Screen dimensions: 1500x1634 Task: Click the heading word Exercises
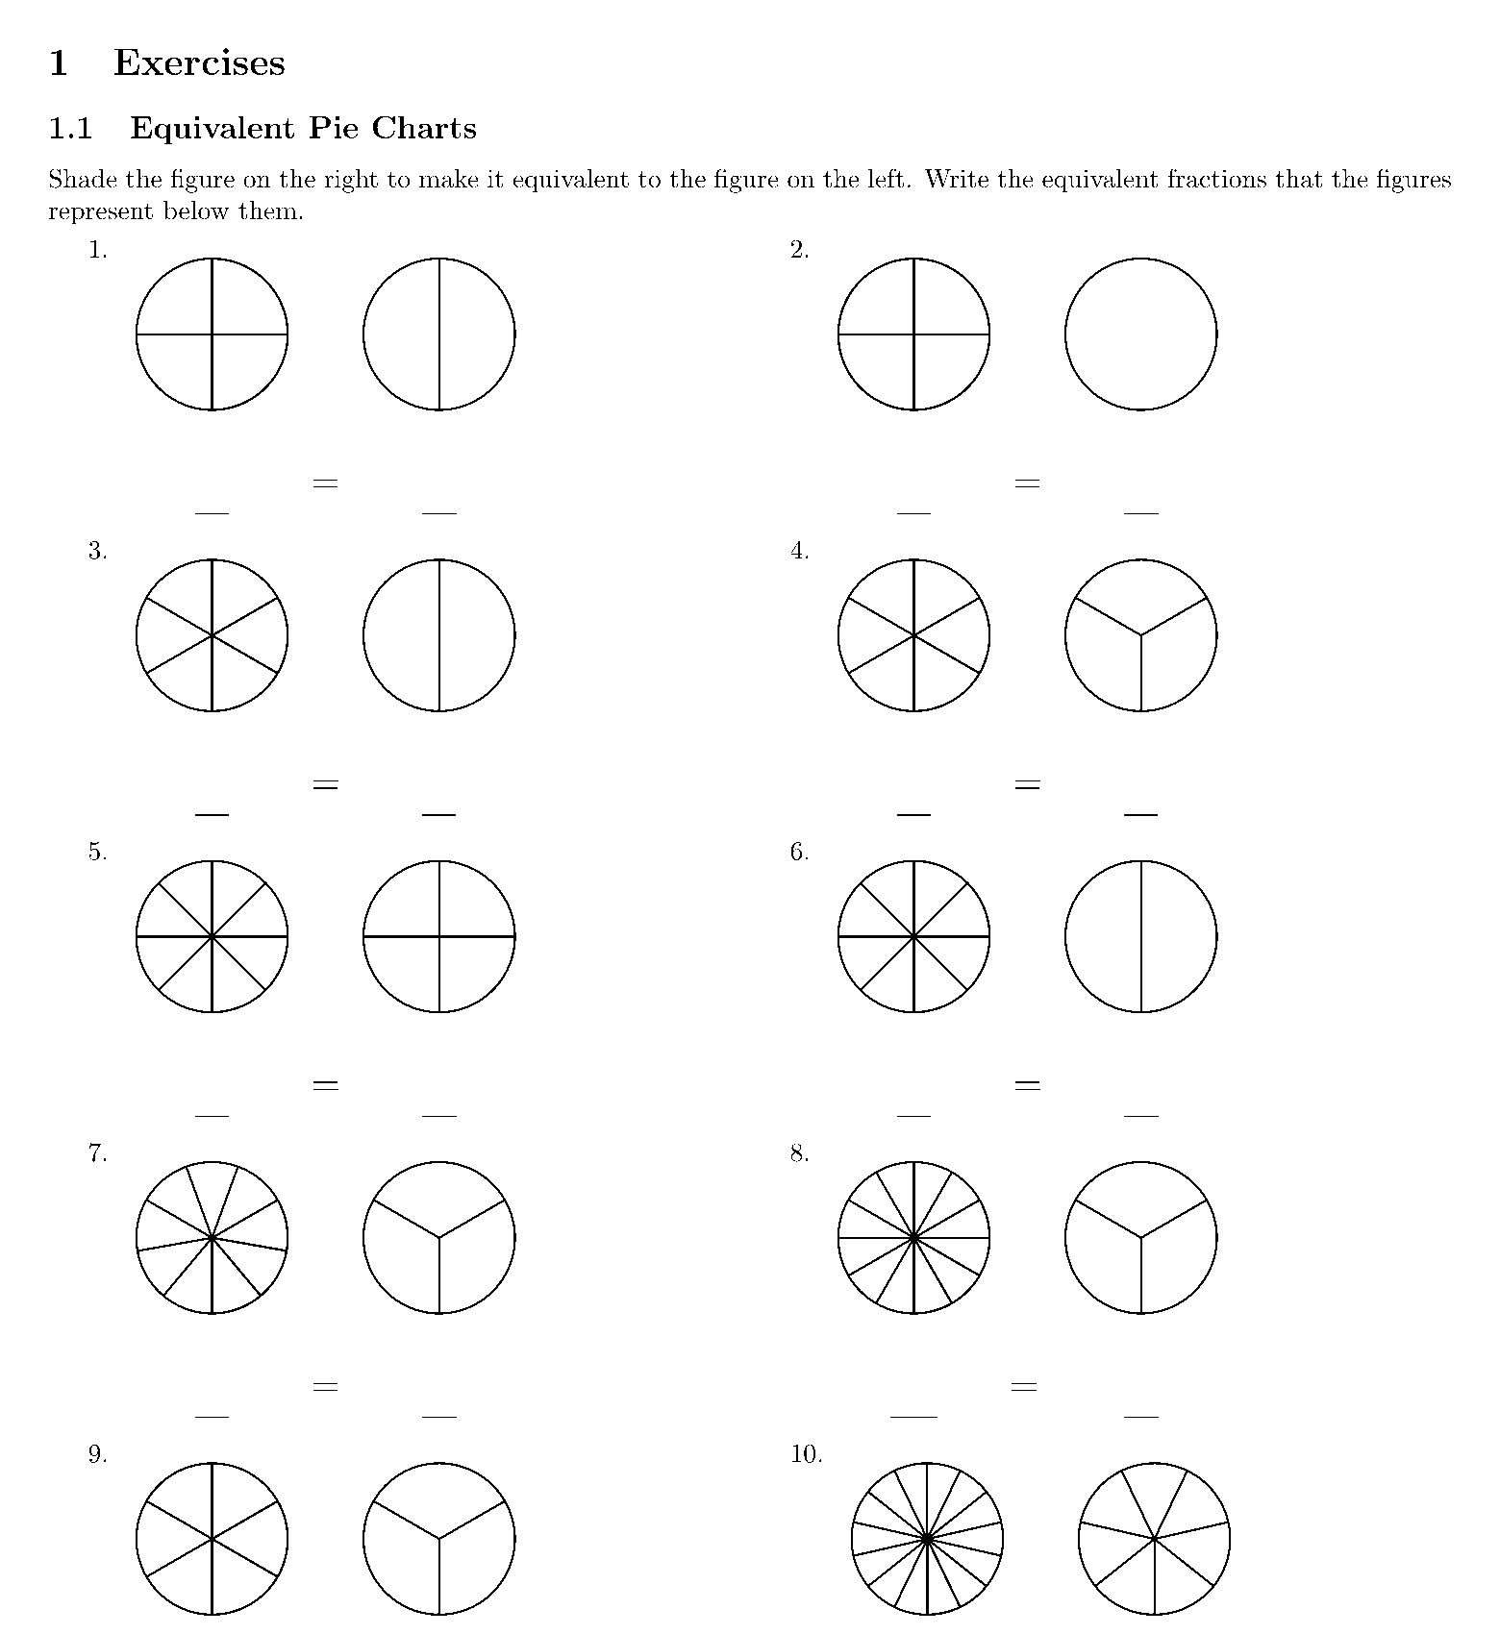pyautogui.click(x=199, y=63)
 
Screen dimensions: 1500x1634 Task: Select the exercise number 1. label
pyautogui.click(x=97, y=250)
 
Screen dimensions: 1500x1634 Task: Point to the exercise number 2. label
pyautogui.click(x=800, y=250)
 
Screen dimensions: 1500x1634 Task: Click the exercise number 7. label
pyautogui.click(x=97, y=1153)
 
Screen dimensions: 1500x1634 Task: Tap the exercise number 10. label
pyautogui.click(x=806, y=1454)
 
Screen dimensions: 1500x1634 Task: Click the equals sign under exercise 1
pyautogui.click(x=326, y=483)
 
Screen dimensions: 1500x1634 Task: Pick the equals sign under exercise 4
pyautogui.click(x=1028, y=785)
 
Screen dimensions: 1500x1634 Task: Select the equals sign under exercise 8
pyautogui.click(x=1024, y=1387)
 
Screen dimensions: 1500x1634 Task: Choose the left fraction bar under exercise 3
pyautogui.click(x=212, y=815)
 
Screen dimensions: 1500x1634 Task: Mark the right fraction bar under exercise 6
pyautogui.click(x=1141, y=1116)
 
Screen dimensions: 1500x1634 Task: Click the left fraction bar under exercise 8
pyautogui.click(x=913, y=1417)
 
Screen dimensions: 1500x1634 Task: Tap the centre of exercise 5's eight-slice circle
pyautogui.click(x=212, y=936)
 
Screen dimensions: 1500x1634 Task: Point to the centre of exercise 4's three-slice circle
pyautogui.click(x=1141, y=635)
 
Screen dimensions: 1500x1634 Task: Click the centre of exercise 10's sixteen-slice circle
pyautogui.click(x=927, y=1539)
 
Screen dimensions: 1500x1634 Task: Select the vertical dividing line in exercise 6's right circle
pyautogui.click(x=1141, y=936)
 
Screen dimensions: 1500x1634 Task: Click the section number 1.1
pyautogui.click(x=70, y=129)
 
